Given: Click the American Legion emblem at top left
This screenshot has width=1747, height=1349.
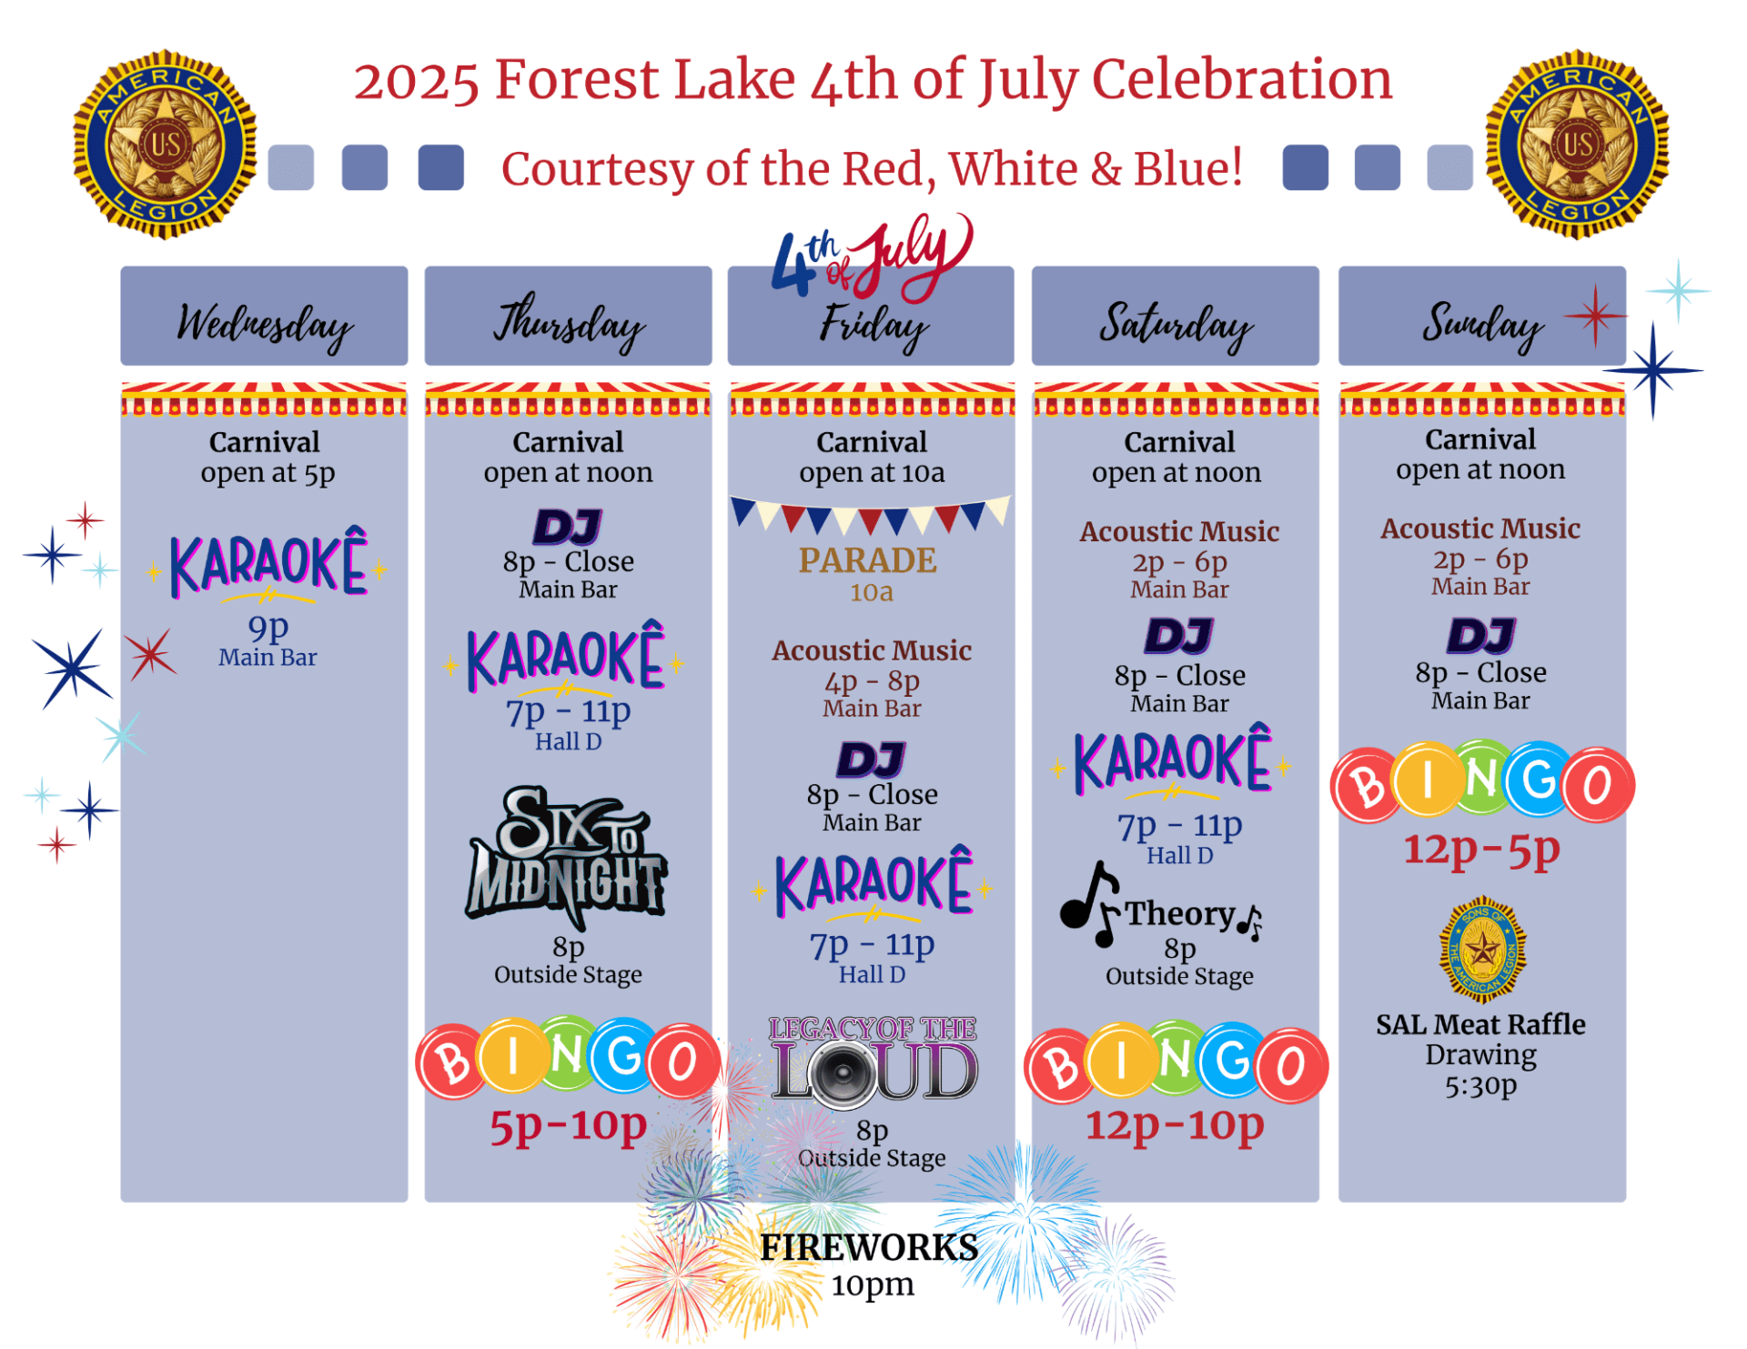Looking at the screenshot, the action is pos(165,144).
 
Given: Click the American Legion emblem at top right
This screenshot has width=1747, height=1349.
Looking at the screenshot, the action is pos(1577,144).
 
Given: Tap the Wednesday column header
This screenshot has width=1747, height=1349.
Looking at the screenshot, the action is pos(264,316).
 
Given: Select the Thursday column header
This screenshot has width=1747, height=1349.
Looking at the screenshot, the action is pos(568,316).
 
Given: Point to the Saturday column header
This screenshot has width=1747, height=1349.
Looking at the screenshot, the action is pos(1175,316).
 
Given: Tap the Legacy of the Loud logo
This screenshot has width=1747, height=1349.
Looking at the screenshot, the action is pos(873,1062).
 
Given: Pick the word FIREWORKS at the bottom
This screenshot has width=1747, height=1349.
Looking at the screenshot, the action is pos(869,1247).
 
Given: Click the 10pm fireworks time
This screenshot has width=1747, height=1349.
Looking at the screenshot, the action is pos(872,1284).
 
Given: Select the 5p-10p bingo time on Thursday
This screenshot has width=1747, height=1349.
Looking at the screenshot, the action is pos(568,1126).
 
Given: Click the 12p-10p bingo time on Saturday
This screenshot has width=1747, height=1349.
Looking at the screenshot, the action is pos(1175,1124).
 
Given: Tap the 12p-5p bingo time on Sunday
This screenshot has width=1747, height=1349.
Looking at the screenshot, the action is pos(1481,849).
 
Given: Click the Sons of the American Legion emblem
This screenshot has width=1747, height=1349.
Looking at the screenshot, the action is pos(1482,950).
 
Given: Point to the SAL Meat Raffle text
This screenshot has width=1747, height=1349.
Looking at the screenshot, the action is pos(1480,1024).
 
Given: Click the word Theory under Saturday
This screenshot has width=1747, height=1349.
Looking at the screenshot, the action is pos(1180,913).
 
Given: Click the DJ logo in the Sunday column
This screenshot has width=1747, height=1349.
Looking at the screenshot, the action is pos(1481,636).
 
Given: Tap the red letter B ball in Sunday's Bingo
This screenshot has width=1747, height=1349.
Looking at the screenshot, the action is pos(1367,785).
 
